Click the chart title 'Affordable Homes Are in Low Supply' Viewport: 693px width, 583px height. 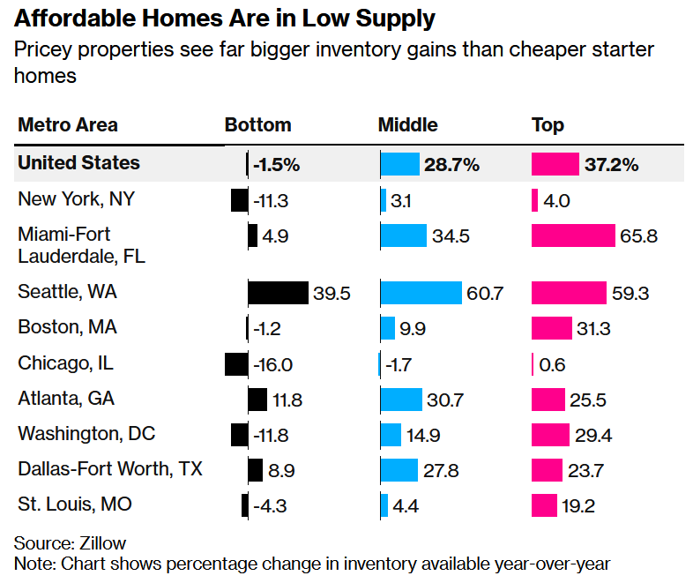(225, 18)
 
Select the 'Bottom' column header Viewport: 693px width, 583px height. (257, 125)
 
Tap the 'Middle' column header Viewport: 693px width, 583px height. (407, 125)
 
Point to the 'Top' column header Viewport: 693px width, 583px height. (548, 125)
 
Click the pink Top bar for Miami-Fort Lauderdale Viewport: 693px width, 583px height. (573, 235)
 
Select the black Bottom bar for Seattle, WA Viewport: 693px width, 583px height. (278, 293)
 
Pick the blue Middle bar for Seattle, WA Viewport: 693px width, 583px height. (421, 293)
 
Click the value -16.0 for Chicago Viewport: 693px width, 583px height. (272, 364)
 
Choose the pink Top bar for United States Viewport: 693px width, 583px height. (555, 164)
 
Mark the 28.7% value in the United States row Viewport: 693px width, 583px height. (452, 164)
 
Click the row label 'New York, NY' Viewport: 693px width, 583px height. (77, 199)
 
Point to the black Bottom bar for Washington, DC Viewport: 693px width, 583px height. (239, 435)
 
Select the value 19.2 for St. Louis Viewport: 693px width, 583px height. (582, 505)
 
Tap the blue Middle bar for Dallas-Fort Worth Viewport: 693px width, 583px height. (399, 470)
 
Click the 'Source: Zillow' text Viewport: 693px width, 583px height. (70, 543)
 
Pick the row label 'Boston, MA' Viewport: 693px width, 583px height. (67, 327)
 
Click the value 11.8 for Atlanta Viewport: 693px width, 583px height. (287, 400)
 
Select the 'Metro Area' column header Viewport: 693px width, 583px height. (68, 125)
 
